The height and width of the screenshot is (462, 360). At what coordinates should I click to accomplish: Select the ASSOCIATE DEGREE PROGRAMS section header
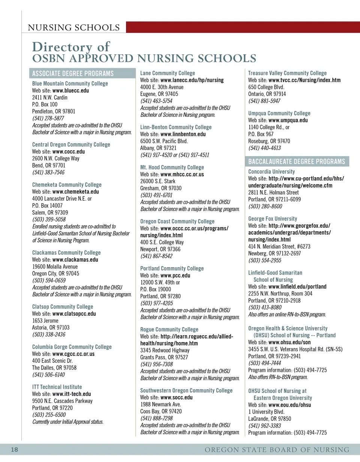coord(73,73)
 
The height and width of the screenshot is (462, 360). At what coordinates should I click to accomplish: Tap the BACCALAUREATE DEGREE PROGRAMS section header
coord(296,162)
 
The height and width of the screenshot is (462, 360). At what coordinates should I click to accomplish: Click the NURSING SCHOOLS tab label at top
coord(74,28)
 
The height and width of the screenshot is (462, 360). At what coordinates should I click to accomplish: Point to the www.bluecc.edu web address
coord(70,90)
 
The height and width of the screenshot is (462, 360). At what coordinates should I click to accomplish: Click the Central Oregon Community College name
coord(71,144)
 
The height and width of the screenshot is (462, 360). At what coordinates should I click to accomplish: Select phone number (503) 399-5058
coord(49,219)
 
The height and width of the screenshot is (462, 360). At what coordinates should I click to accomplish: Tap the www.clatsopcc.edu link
coord(74,313)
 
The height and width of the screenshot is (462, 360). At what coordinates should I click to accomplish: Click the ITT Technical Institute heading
coord(57,387)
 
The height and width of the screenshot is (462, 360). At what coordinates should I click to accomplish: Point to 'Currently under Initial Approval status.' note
coord(67,421)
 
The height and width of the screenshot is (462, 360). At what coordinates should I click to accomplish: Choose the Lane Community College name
coord(168,73)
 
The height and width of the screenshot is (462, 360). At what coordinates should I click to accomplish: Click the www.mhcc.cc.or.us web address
coord(182,174)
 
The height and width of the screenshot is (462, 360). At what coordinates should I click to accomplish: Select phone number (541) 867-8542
coord(156,256)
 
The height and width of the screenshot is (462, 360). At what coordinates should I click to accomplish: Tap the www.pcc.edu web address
coord(175,276)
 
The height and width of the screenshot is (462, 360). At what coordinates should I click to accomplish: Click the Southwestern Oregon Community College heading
coord(186,390)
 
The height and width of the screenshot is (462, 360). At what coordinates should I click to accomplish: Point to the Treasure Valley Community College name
coord(287,73)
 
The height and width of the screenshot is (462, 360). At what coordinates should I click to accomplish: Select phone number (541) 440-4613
coord(264,148)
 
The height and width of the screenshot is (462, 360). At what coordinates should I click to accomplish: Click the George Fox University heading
coord(273,219)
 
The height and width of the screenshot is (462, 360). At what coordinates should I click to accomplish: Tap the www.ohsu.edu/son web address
coord(289,342)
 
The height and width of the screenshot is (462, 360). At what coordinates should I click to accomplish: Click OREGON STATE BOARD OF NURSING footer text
coord(277,450)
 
